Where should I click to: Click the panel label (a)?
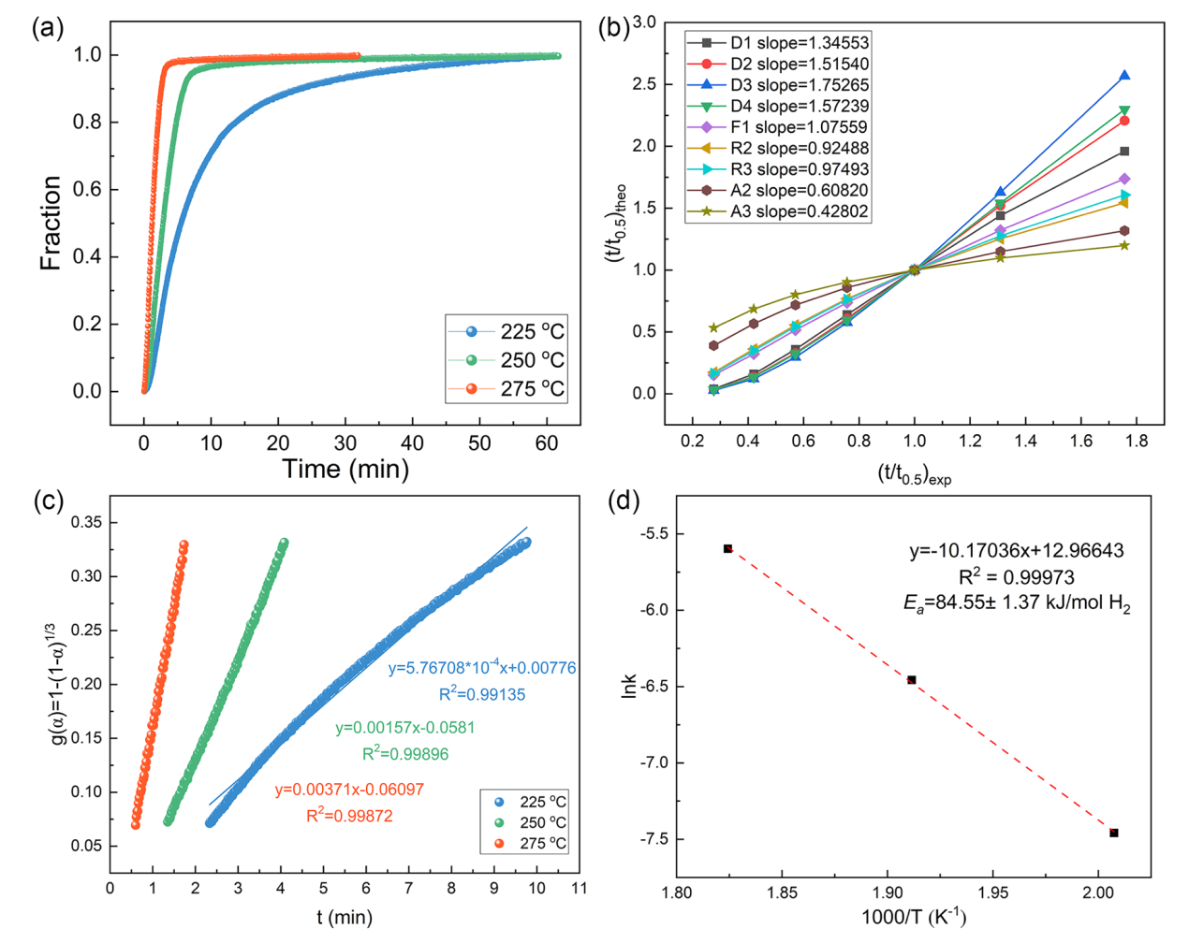[x=47, y=28]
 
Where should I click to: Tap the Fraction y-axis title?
[x=51, y=223]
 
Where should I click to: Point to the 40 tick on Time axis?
[x=412, y=442]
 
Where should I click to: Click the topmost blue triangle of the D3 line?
[x=1124, y=76]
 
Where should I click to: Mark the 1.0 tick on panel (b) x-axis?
[x=915, y=441]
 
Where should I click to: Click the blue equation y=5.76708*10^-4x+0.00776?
[x=482, y=668]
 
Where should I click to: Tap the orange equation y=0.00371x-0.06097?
[x=349, y=790]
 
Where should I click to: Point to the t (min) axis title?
[x=345, y=917]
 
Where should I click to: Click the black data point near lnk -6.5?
[x=912, y=680]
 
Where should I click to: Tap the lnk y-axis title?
[x=629, y=686]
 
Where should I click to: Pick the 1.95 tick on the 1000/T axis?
[x=992, y=892]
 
